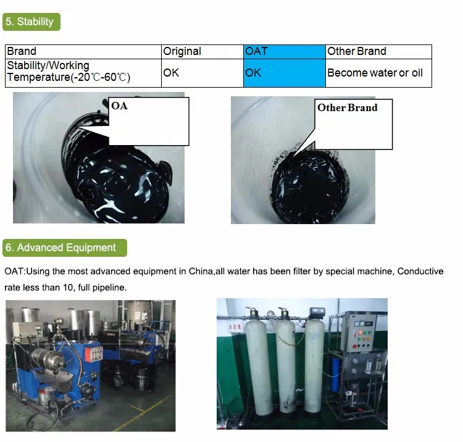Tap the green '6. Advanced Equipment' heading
[65, 248]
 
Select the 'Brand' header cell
[22, 51]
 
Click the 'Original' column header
[182, 51]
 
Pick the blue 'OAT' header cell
[256, 51]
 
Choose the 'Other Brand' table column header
[357, 51]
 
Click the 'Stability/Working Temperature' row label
[68, 72]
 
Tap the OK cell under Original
[171, 72]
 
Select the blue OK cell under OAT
[253, 72]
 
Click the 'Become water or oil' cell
[375, 72]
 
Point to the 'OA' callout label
[120, 106]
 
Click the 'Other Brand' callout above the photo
[347, 107]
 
